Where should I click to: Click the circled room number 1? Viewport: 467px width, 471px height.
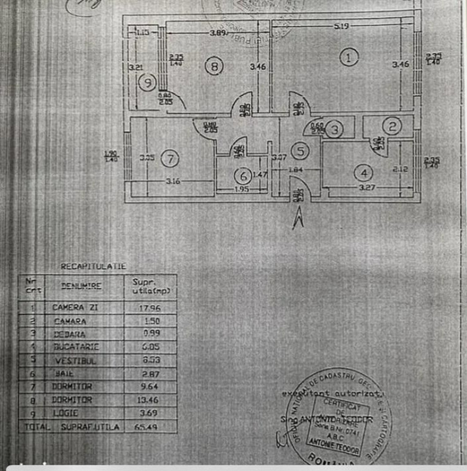coord(349,58)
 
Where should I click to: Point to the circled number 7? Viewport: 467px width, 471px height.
coord(170,159)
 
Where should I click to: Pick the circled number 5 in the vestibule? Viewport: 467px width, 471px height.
coord(299,150)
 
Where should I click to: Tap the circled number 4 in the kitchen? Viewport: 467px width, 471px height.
coord(366,173)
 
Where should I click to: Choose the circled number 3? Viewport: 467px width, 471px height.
coord(334,129)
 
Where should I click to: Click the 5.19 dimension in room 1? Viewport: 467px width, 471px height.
coord(342,26)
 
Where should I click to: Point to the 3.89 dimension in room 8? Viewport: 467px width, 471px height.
coord(217,33)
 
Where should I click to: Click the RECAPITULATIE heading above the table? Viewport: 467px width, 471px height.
coord(93,266)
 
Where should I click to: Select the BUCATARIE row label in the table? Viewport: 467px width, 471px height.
coord(75,347)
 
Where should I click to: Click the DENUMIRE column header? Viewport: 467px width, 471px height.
coord(82,286)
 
